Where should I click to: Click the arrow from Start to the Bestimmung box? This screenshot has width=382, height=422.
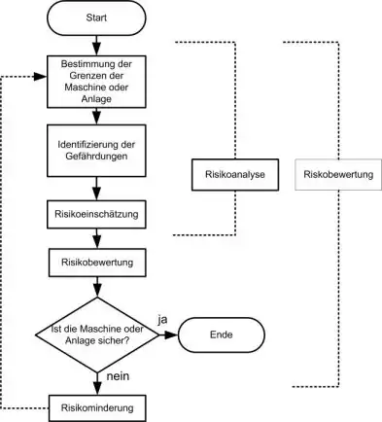click(94, 45)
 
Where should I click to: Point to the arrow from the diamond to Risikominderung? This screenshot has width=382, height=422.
click(94, 380)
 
